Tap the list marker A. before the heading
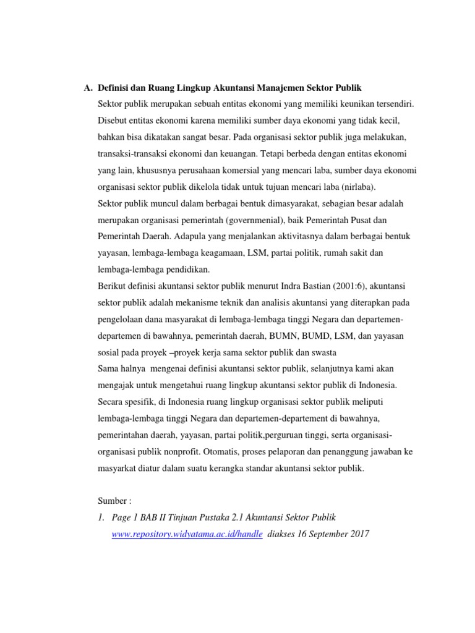pos(88,88)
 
